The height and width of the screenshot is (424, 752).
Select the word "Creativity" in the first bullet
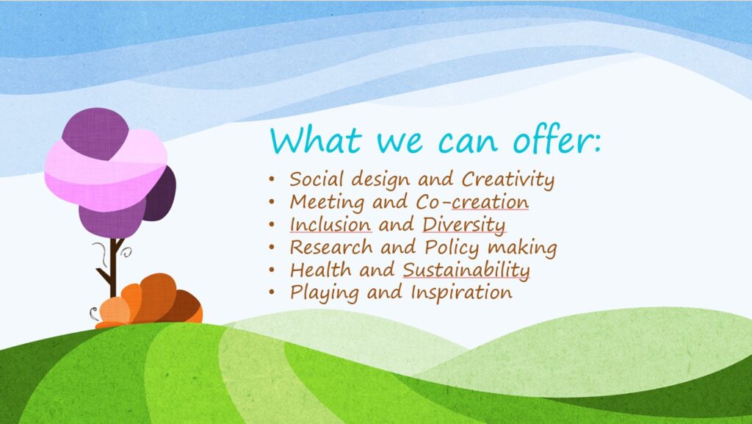pos(508,180)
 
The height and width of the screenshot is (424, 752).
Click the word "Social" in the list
pos(317,179)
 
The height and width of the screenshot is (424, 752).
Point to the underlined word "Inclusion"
pos(330,224)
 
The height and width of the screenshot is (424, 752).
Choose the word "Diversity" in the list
pos(463,225)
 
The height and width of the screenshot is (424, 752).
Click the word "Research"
pos(331,247)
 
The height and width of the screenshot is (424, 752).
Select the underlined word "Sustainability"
pos(466,270)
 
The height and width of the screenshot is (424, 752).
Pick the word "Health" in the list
pos(319,270)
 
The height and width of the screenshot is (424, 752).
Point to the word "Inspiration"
pos(461,293)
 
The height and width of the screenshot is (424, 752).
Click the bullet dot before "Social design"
pos(272,180)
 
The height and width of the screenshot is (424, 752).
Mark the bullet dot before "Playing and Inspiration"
pos(272,292)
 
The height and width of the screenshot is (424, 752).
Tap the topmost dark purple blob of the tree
pos(95,133)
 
